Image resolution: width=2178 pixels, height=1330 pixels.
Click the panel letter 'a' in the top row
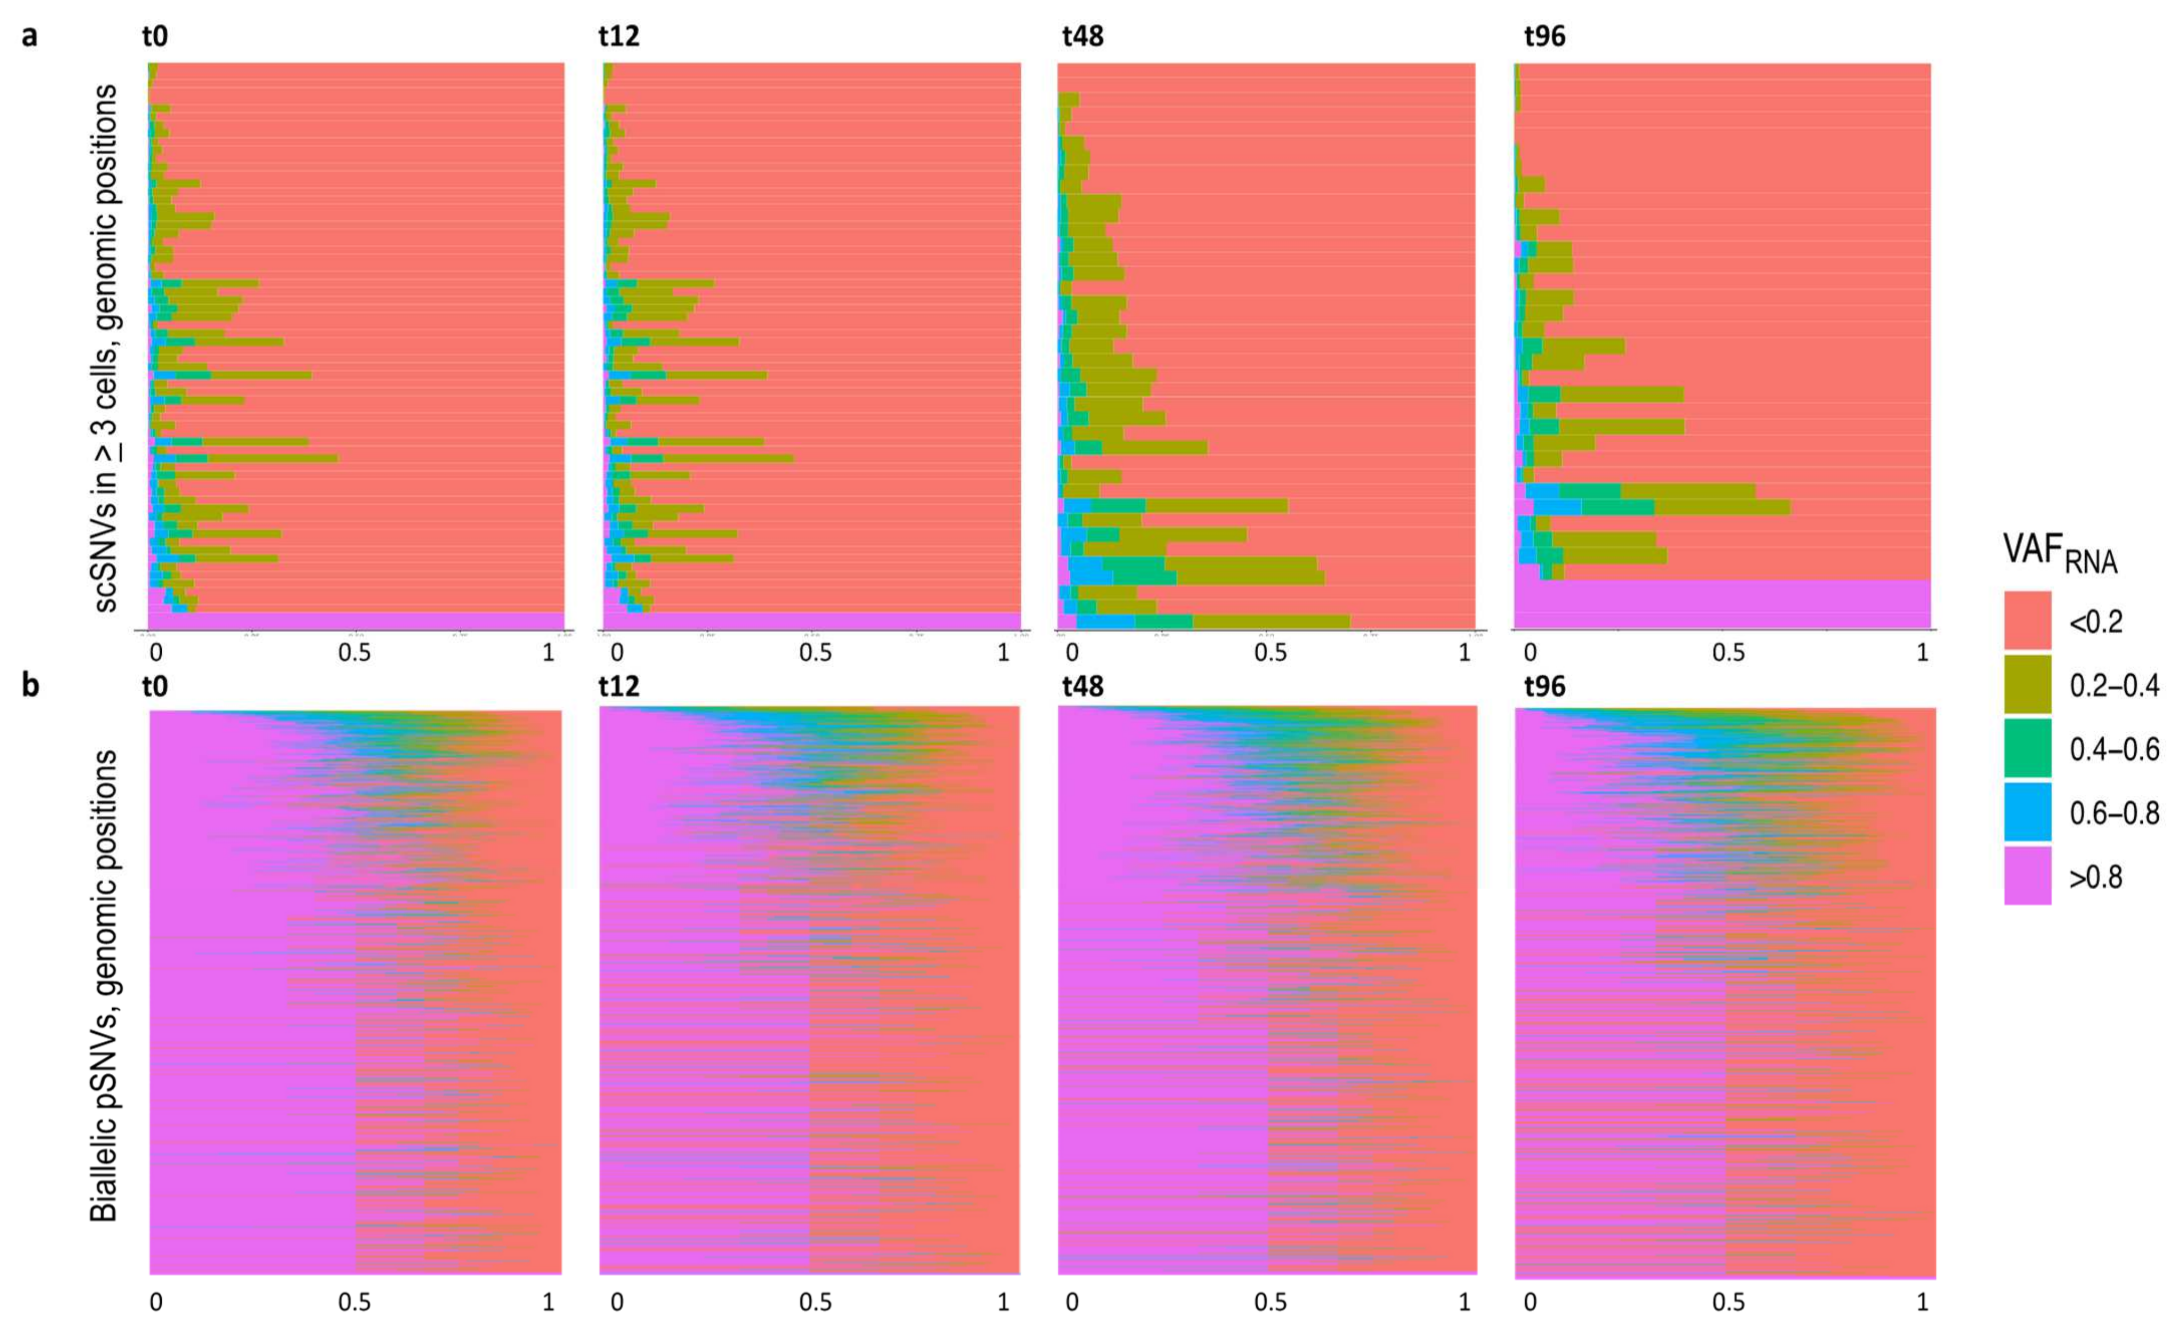pyautogui.click(x=29, y=37)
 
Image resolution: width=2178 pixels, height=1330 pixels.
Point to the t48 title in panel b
pyautogui.click(x=1082, y=687)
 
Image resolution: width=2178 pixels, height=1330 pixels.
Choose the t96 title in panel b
pyautogui.click(x=1544, y=687)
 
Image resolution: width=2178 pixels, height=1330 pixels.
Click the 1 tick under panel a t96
pyautogui.click(x=1922, y=653)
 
